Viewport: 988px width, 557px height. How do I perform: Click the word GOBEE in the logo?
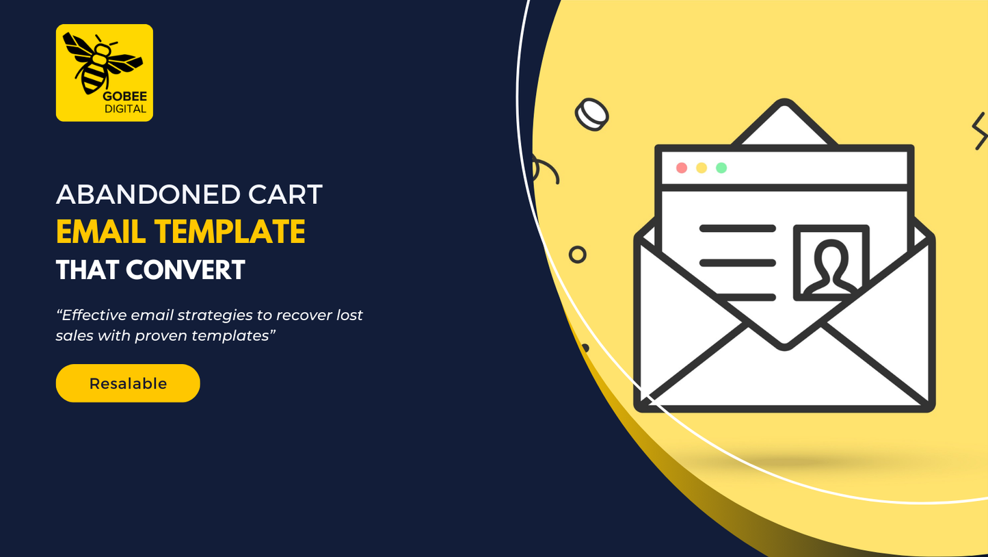point(125,96)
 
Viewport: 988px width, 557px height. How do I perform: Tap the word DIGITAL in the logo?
point(125,109)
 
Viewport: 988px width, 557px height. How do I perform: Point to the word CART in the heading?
point(285,194)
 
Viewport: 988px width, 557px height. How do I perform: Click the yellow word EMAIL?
point(101,232)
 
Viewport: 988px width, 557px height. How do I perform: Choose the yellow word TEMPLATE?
point(230,232)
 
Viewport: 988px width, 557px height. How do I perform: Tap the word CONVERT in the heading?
point(186,270)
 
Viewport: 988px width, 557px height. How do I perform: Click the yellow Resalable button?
point(128,383)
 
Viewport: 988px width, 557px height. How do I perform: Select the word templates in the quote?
point(233,336)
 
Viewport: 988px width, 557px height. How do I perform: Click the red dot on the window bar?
point(682,168)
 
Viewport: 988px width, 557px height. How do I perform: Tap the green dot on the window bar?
point(721,168)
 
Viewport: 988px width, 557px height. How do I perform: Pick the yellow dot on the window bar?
point(702,168)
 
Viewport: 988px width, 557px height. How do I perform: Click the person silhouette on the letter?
point(831,268)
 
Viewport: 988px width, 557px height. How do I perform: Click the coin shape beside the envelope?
point(591,115)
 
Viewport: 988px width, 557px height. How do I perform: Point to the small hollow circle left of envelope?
point(577,255)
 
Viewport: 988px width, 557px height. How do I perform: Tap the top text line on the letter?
point(738,229)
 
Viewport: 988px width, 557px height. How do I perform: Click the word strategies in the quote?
point(210,316)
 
